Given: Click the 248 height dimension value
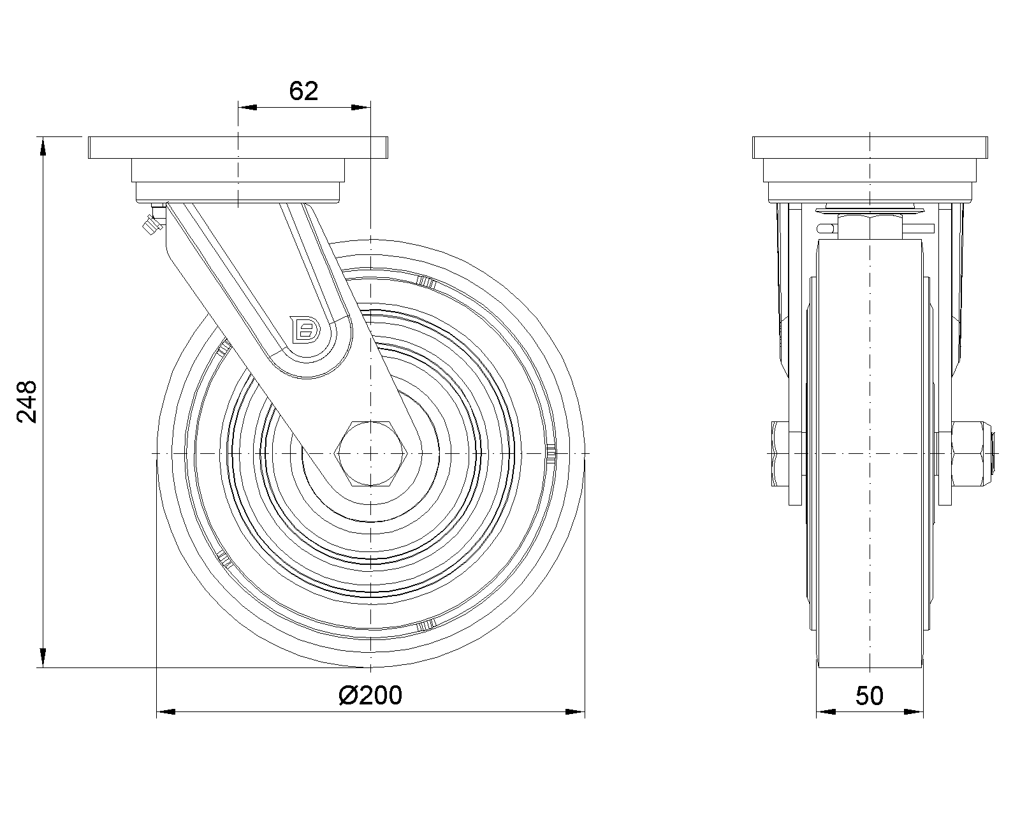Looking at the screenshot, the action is point(27,401).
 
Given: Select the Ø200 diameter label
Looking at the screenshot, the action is point(370,696).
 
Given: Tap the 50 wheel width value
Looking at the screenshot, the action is point(870,696).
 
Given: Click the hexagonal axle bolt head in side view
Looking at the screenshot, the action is point(370,453).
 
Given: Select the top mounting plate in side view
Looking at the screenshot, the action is point(370,147).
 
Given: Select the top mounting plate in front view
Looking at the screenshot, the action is point(870,147).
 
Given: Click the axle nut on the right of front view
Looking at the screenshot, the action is point(965,454).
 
